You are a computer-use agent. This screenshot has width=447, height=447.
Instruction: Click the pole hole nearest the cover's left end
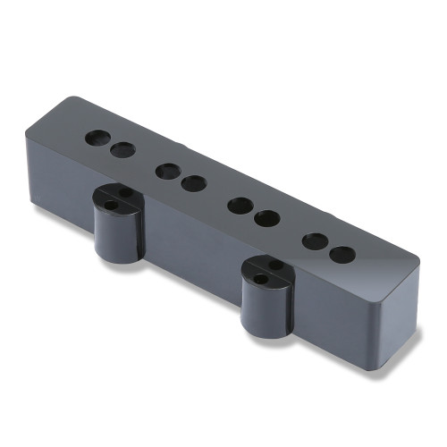coord(97,139)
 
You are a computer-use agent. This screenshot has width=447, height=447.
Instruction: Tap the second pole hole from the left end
coord(122,150)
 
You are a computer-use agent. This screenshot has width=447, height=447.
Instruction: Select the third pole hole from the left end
coord(166,170)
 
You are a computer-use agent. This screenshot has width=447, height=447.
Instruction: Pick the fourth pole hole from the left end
coord(192,182)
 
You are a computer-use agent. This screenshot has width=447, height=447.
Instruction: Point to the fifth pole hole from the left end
coord(239,204)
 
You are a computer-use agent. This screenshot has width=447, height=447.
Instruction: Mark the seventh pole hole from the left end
coord(315,240)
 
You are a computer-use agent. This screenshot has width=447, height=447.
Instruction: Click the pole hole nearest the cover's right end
coord(342,253)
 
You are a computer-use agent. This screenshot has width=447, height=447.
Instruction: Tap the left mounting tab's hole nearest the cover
coord(126,192)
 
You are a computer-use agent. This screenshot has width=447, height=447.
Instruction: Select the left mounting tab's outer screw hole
coord(111,205)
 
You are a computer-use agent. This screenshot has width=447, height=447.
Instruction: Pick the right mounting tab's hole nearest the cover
coord(276,266)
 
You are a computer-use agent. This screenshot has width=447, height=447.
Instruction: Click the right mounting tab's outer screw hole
coord(260,280)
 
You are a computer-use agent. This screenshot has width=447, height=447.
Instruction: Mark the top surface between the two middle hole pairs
coord(215,192)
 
